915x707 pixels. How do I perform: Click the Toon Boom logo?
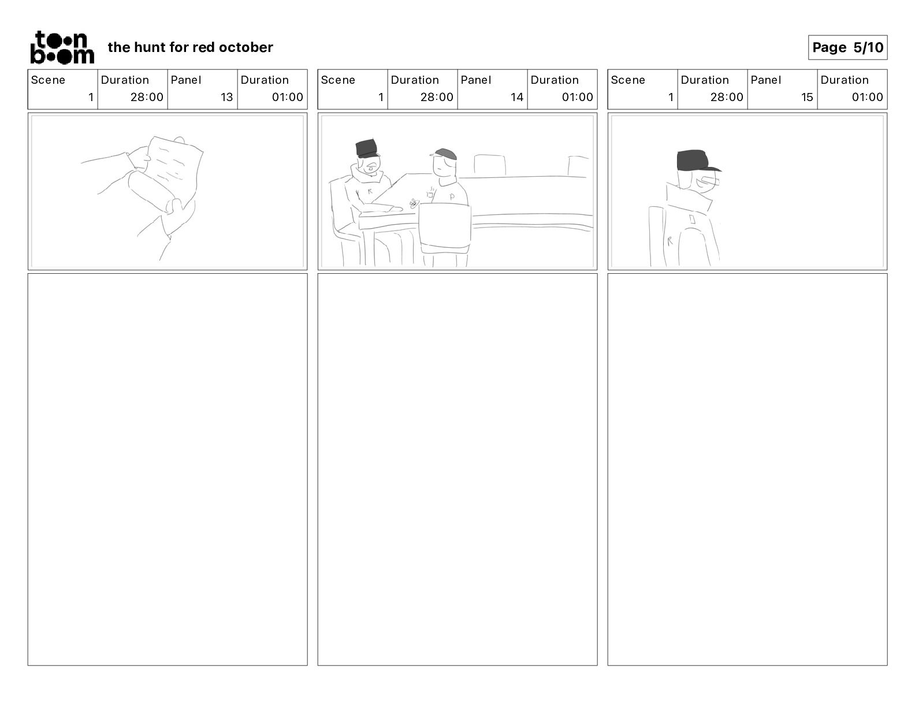(x=62, y=47)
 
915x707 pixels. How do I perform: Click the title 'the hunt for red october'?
(x=190, y=47)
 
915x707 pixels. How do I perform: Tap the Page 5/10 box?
(x=847, y=47)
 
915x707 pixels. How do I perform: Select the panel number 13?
(x=226, y=97)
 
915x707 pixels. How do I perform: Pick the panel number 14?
(x=516, y=97)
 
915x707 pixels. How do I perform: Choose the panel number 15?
(x=806, y=97)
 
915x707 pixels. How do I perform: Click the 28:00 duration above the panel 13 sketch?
(x=147, y=97)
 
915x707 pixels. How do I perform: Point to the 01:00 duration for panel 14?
(x=577, y=97)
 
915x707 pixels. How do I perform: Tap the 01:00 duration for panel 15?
(x=867, y=97)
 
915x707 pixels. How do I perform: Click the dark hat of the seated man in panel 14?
(x=367, y=148)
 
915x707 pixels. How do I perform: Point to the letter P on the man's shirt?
(x=452, y=196)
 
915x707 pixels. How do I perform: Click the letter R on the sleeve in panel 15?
(x=670, y=241)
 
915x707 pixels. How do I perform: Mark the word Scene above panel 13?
(x=48, y=80)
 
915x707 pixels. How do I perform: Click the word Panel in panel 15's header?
(x=765, y=80)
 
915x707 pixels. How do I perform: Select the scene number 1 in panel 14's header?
(x=381, y=97)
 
